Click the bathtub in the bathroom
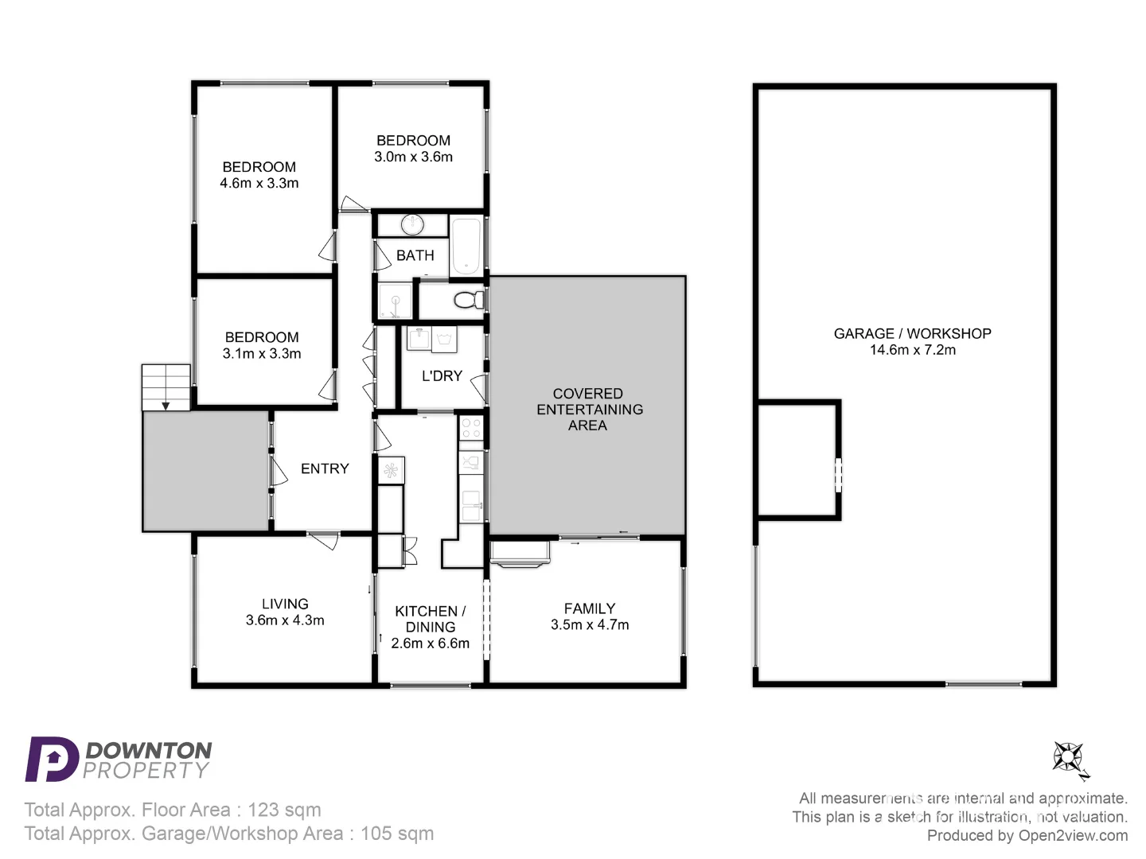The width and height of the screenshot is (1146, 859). pos(466,245)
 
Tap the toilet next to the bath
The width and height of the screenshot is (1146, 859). pos(468,300)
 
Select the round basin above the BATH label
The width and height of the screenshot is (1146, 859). pos(411,224)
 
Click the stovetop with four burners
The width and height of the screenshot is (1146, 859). pos(471,429)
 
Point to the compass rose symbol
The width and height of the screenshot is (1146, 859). pos(1069,758)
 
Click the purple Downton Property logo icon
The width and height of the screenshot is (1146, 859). pos(51,759)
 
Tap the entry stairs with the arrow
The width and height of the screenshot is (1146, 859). pos(166,387)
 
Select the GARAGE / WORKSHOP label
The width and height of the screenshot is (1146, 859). pos(912,333)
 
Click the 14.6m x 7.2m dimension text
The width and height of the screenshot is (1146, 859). pos(912,350)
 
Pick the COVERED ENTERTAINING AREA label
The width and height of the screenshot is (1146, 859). pos(589,410)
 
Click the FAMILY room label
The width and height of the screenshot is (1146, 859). pos(589,608)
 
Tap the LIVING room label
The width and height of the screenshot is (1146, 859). pos(285,604)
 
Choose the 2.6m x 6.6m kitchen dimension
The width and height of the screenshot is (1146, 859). pos(430,643)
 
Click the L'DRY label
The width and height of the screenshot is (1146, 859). pos(442,376)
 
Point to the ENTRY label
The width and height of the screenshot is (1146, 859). pos(325,468)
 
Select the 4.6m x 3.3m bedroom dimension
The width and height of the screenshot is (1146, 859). pos(259,183)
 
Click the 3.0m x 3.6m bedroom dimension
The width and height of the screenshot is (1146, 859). pos(413,157)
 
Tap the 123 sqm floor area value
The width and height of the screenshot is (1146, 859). pos(284,810)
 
